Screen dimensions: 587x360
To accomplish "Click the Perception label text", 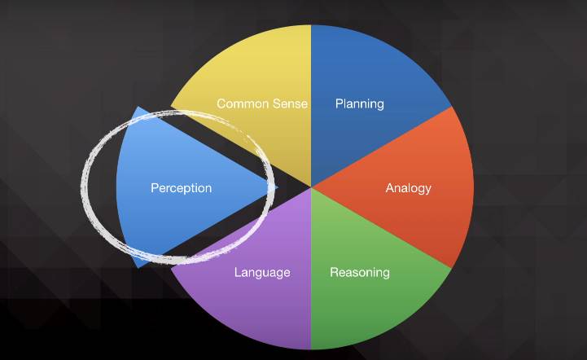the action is click(x=181, y=188).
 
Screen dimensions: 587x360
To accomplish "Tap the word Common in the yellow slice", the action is click(x=238, y=103).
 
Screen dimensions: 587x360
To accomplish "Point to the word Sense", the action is click(x=289, y=103).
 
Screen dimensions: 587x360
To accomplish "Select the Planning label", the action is click(x=359, y=103).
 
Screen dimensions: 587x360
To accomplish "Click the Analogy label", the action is click(x=408, y=188).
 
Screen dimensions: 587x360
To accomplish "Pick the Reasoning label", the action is click(x=359, y=272).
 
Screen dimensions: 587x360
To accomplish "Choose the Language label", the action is click(x=262, y=272).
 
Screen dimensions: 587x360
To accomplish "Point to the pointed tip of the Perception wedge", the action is click(x=278, y=187).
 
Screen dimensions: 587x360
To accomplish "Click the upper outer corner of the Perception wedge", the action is click(x=137, y=108).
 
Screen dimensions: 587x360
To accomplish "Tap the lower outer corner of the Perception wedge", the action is click(x=137, y=267).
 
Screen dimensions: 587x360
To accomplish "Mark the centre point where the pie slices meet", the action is click(x=311, y=187).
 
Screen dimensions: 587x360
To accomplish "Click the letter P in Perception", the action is click(x=155, y=188).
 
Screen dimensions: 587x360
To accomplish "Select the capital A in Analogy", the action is click(x=389, y=188).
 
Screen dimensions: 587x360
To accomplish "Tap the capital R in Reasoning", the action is click(x=334, y=272).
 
